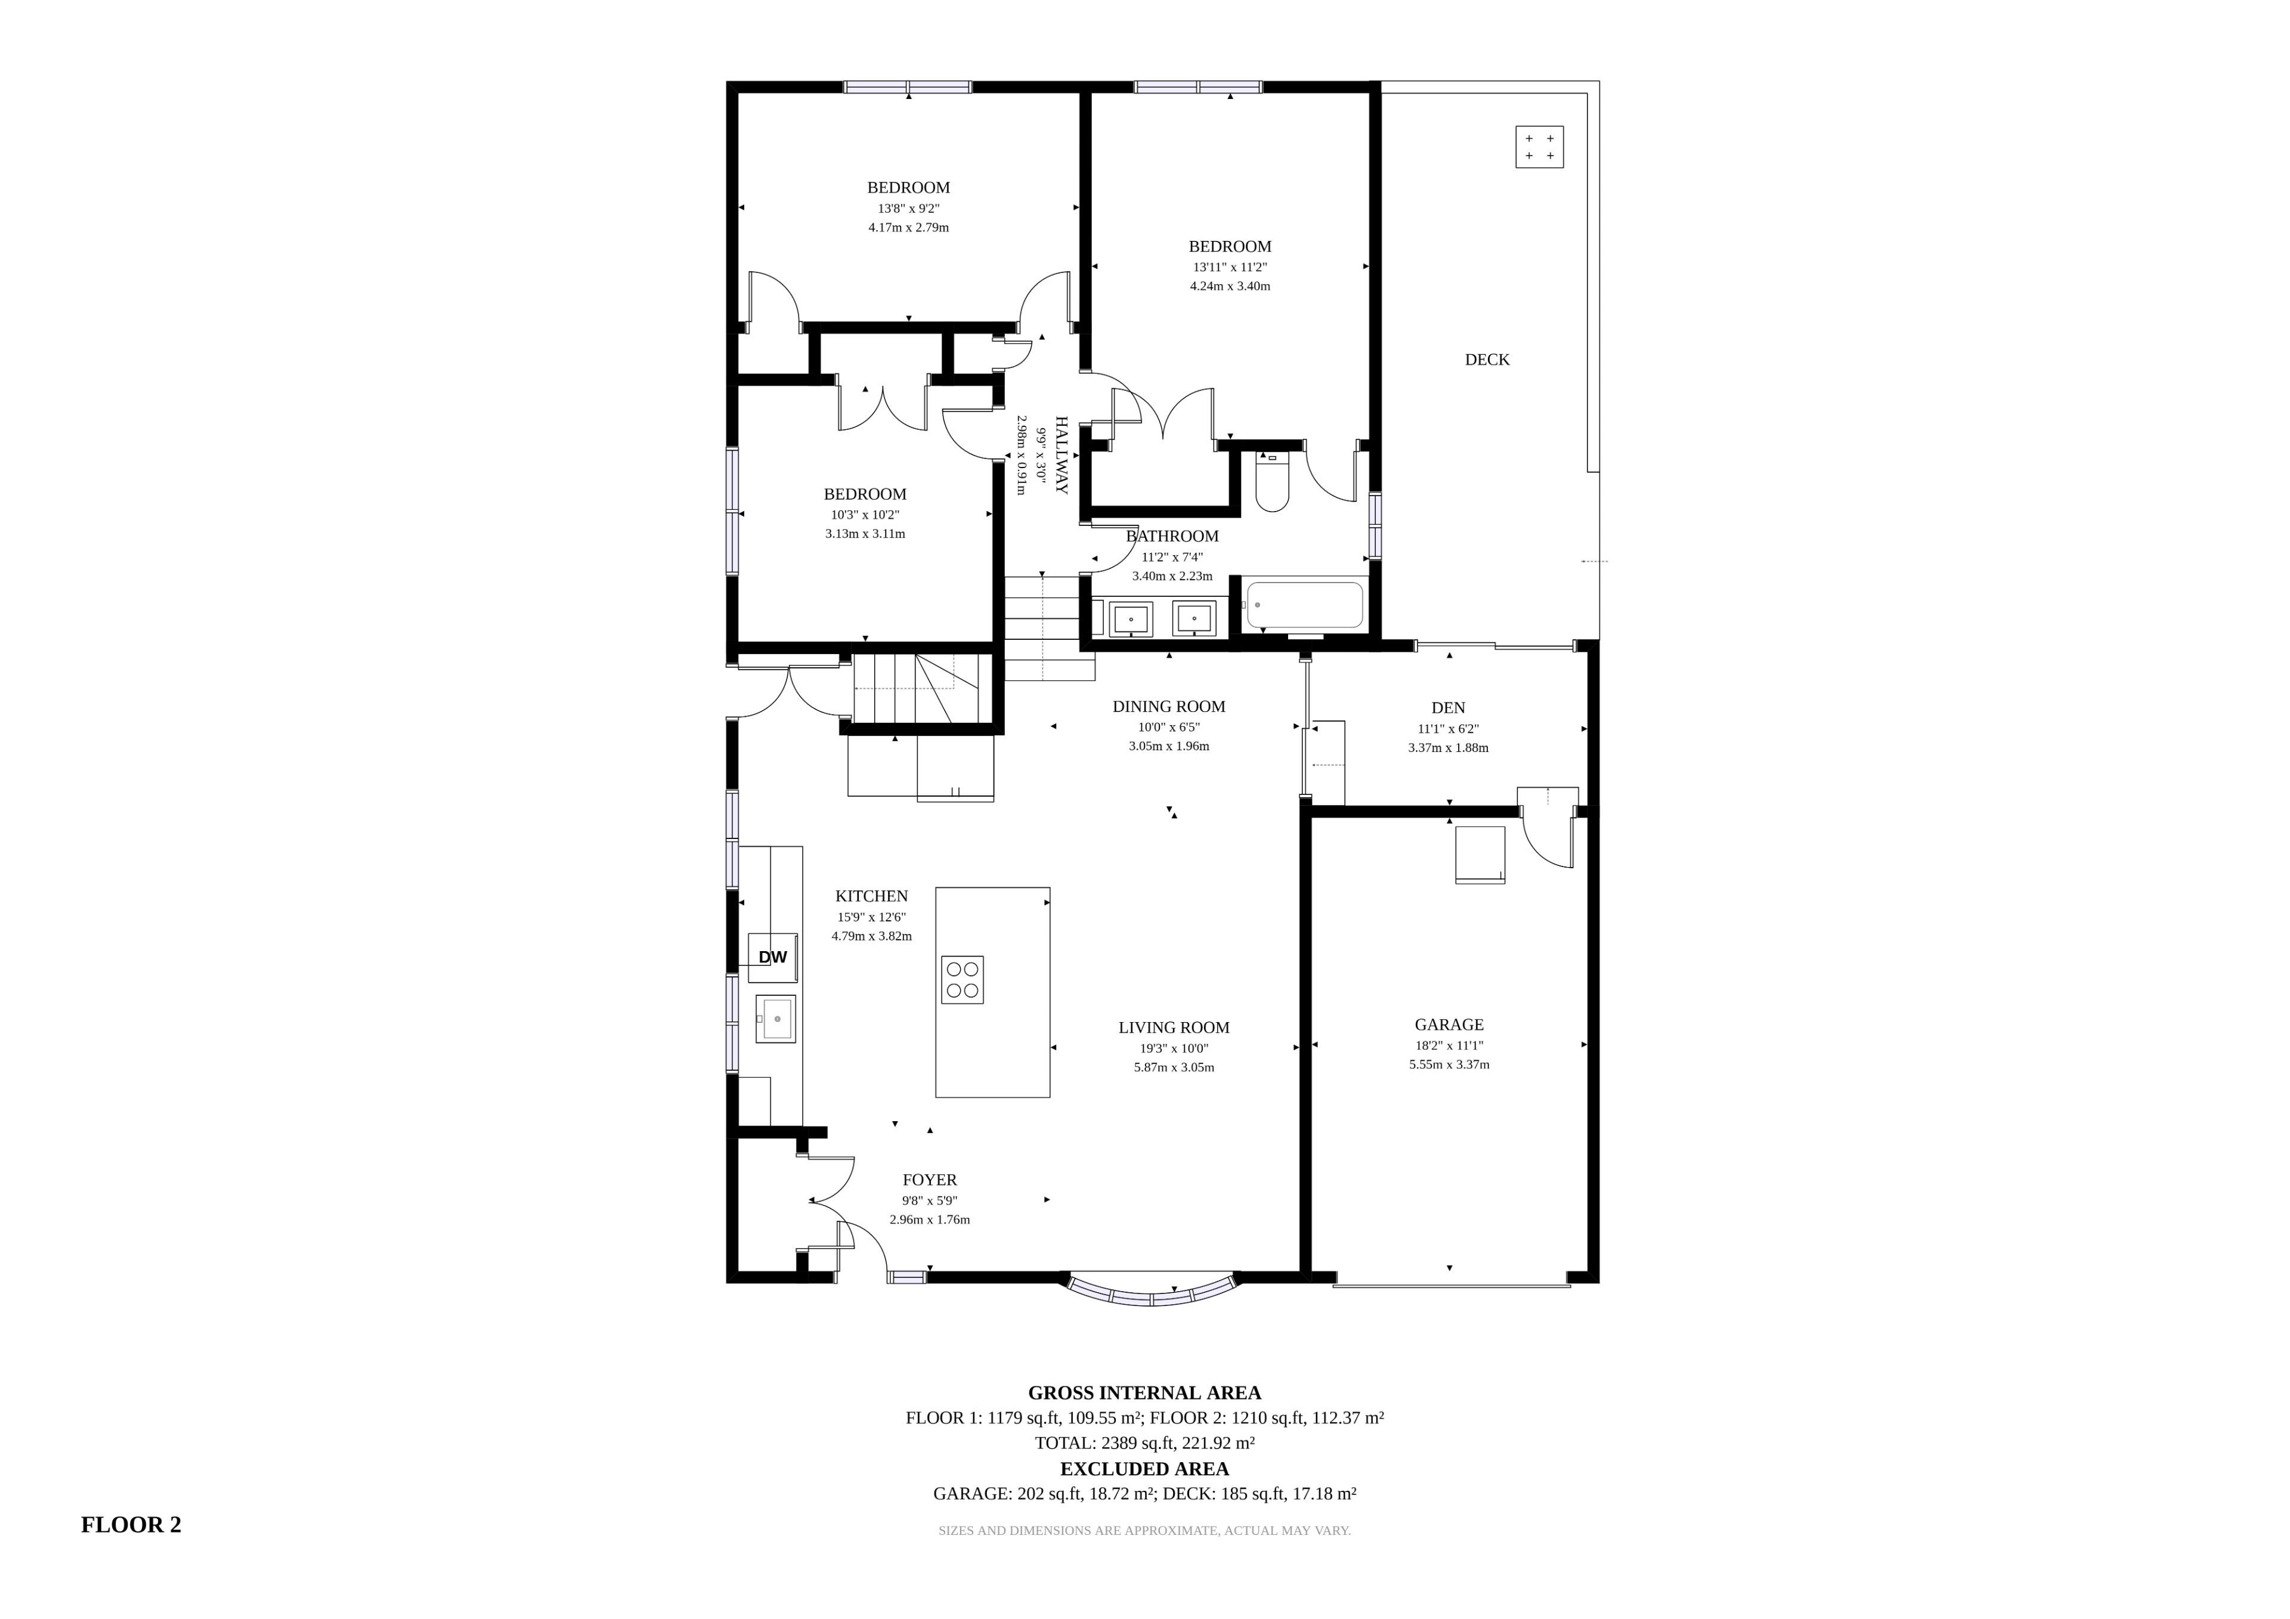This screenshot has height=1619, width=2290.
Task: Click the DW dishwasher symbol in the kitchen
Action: pyautogui.click(x=773, y=956)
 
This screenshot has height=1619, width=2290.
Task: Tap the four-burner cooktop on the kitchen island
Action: pyautogui.click(x=963, y=980)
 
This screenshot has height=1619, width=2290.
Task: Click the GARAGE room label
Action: pyautogui.click(x=1449, y=1024)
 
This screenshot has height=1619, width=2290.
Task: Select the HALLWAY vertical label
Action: pyautogui.click(x=1062, y=455)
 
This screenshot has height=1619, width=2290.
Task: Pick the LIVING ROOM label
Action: pyautogui.click(x=1174, y=1027)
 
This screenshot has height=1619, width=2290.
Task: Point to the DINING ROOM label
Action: pyautogui.click(x=1169, y=706)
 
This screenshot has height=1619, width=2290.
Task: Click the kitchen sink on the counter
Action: pyautogui.click(x=776, y=1019)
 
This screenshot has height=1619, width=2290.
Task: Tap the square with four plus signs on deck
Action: pyautogui.click(x=1540, y=147)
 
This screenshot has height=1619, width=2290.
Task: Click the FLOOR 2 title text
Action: pyautogui.click(x=131, y=1524)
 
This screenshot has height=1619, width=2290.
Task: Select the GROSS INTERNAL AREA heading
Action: pyautogui.click(x=1145, y=1392)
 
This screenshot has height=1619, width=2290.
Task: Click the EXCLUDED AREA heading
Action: pyautogui.click(x=1145, y=1468)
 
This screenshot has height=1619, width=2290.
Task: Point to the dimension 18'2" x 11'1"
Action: pyautogui.click(x=1449, y=1045)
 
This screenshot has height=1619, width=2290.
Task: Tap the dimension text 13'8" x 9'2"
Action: pyautogui.click(x=909, y=209)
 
